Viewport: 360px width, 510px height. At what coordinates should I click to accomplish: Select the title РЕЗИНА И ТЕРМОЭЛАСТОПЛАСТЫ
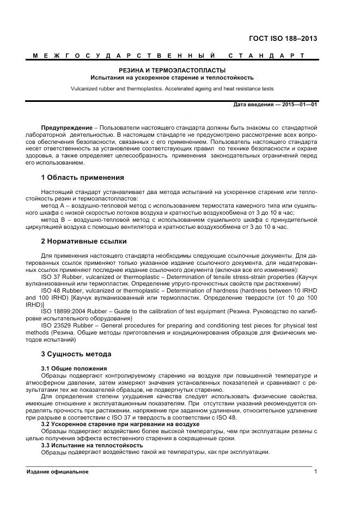[172, 70]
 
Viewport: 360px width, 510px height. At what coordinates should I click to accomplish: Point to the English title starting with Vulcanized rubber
[172, 88]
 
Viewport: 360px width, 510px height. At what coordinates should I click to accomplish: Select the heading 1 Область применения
[82, 178]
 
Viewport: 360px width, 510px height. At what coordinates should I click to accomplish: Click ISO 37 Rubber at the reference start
[61, 276]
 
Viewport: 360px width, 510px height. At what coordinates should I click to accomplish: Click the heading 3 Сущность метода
[76, 354]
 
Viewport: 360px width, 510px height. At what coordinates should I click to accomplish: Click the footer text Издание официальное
[57, 471]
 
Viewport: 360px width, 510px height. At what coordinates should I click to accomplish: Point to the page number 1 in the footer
[315, 471]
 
